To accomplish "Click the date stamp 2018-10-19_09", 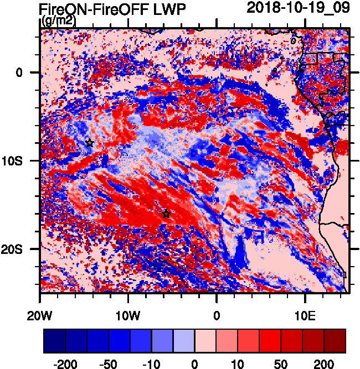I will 297,8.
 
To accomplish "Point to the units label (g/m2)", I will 58,22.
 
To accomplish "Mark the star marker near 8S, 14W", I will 90,143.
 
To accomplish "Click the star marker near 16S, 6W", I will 166,214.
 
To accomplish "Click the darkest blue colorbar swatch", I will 54,341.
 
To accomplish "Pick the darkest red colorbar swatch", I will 335,341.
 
